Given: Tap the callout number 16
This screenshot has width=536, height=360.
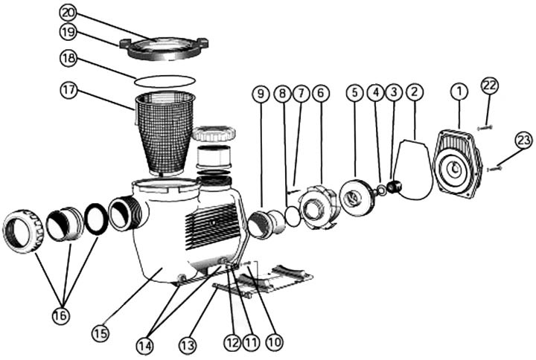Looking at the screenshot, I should tap(61, 315).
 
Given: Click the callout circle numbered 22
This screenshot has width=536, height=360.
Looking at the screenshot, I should tap(489, 86).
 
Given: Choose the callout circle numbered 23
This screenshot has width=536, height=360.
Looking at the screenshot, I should tap(524, 141).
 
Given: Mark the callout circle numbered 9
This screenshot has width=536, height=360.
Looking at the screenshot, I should tap(260, 94).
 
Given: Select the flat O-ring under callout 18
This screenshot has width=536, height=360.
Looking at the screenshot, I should tap(166, 78).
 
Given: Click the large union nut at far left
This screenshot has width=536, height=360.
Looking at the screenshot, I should tap(23, 231).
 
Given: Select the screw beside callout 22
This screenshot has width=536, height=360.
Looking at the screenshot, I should tap(485, 128).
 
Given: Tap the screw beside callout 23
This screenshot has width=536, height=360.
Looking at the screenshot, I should tap(494, 169).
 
